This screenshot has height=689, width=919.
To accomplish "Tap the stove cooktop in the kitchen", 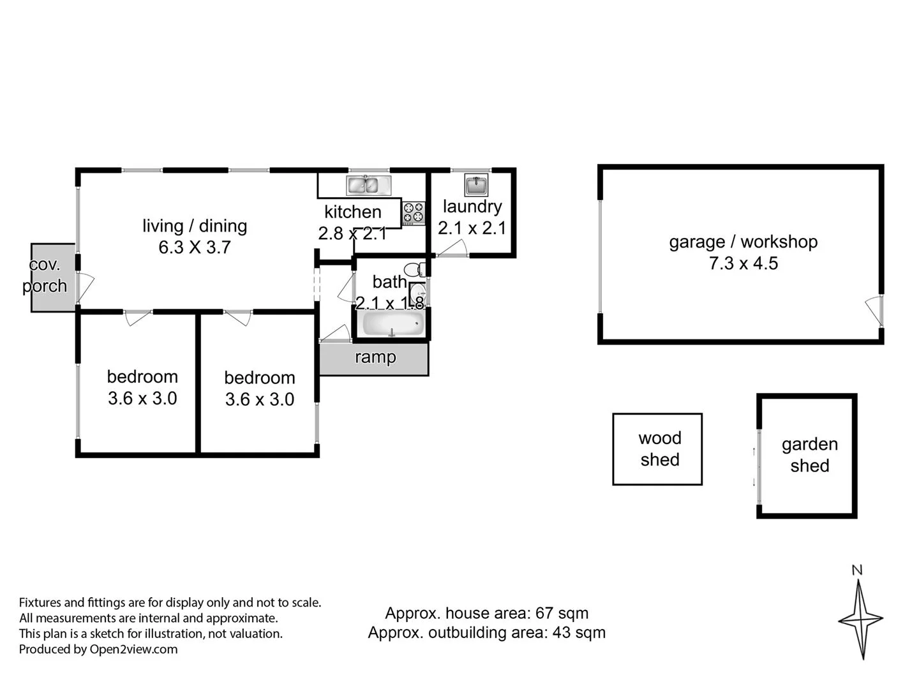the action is tap(414, 213).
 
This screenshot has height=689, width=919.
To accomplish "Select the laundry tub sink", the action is tap(476, 185).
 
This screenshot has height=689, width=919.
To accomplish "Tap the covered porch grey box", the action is tap(53, 278).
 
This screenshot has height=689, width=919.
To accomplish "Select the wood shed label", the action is tap(659, 448).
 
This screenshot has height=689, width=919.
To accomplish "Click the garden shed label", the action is tap(809, 455).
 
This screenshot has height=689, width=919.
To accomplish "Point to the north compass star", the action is tap(861, 619).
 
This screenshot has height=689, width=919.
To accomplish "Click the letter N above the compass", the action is tap(857, 570).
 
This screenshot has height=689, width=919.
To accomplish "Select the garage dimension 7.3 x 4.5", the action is tap(743, 263).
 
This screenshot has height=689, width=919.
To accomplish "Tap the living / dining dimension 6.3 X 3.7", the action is tap(195, 248).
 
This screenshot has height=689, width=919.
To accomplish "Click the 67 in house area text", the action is tap(544, 613).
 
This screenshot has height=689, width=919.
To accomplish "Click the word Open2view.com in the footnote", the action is tap(133, 649).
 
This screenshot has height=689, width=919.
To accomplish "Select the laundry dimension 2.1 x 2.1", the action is tap(472, 228).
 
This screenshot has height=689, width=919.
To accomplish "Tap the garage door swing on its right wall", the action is tap(873, 310).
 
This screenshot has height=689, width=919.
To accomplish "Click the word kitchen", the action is tap(352, 212).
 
